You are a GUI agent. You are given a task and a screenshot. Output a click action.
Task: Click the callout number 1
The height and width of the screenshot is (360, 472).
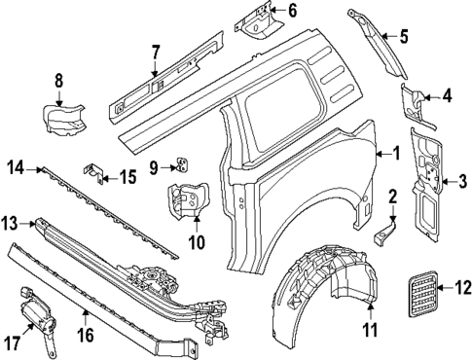tap(396, 153)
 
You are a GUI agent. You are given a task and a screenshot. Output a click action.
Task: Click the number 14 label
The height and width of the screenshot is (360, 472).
tap(15, 168)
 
